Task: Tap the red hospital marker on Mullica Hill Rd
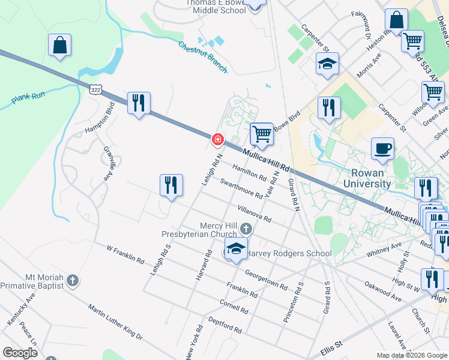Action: coord(217,139)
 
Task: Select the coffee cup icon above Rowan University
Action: coord(382,148)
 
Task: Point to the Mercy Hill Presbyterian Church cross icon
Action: coord(246,229)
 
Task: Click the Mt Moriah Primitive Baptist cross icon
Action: coord(72,280)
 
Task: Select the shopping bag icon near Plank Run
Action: coord(60,45)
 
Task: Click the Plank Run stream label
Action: coord(28,98)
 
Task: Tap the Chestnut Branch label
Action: coord(203,56)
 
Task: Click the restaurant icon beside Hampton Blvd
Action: coord(139,103)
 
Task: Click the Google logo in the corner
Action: coord(20,352)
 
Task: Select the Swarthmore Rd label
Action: coord(241,188)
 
